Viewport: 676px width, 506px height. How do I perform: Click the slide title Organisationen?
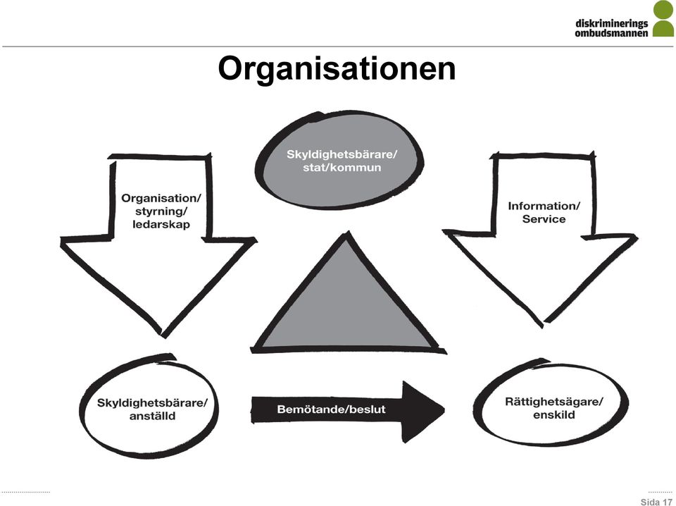[337, 68]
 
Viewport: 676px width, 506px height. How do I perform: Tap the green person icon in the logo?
[663, 18]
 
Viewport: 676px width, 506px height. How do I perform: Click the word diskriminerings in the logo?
[612, 23]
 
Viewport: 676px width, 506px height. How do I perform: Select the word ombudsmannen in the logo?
[611, 33]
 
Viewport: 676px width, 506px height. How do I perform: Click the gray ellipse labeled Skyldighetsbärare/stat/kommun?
[339, 160]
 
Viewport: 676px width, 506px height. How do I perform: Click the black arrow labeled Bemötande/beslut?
[347, 410]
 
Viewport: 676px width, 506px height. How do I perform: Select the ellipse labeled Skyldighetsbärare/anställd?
[149, 407]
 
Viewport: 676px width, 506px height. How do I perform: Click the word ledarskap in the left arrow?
[161, 224]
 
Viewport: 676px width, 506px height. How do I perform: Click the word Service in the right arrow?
[544, 219]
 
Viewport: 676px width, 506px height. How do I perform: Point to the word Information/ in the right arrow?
[544, 206]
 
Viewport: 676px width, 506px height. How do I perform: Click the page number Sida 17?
[656, 502]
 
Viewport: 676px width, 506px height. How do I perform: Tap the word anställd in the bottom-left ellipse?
[152, 416]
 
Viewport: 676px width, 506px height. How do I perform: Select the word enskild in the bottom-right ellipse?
[554, 414]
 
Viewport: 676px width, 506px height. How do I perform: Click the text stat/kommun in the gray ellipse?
[342, 167]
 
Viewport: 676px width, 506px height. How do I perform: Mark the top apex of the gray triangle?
[346, 233]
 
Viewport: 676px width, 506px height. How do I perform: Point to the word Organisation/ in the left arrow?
[161, 199]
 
